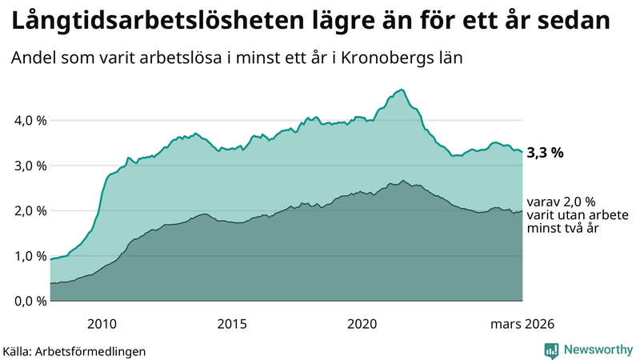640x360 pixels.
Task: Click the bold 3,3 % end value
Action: coord(545,153)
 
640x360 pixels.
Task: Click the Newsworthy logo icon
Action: coord(551,350)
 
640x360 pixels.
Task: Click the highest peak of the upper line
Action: coord(402,90)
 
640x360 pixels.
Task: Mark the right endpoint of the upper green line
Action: coord(522,152)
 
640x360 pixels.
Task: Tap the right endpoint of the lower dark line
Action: coord(522,211)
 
